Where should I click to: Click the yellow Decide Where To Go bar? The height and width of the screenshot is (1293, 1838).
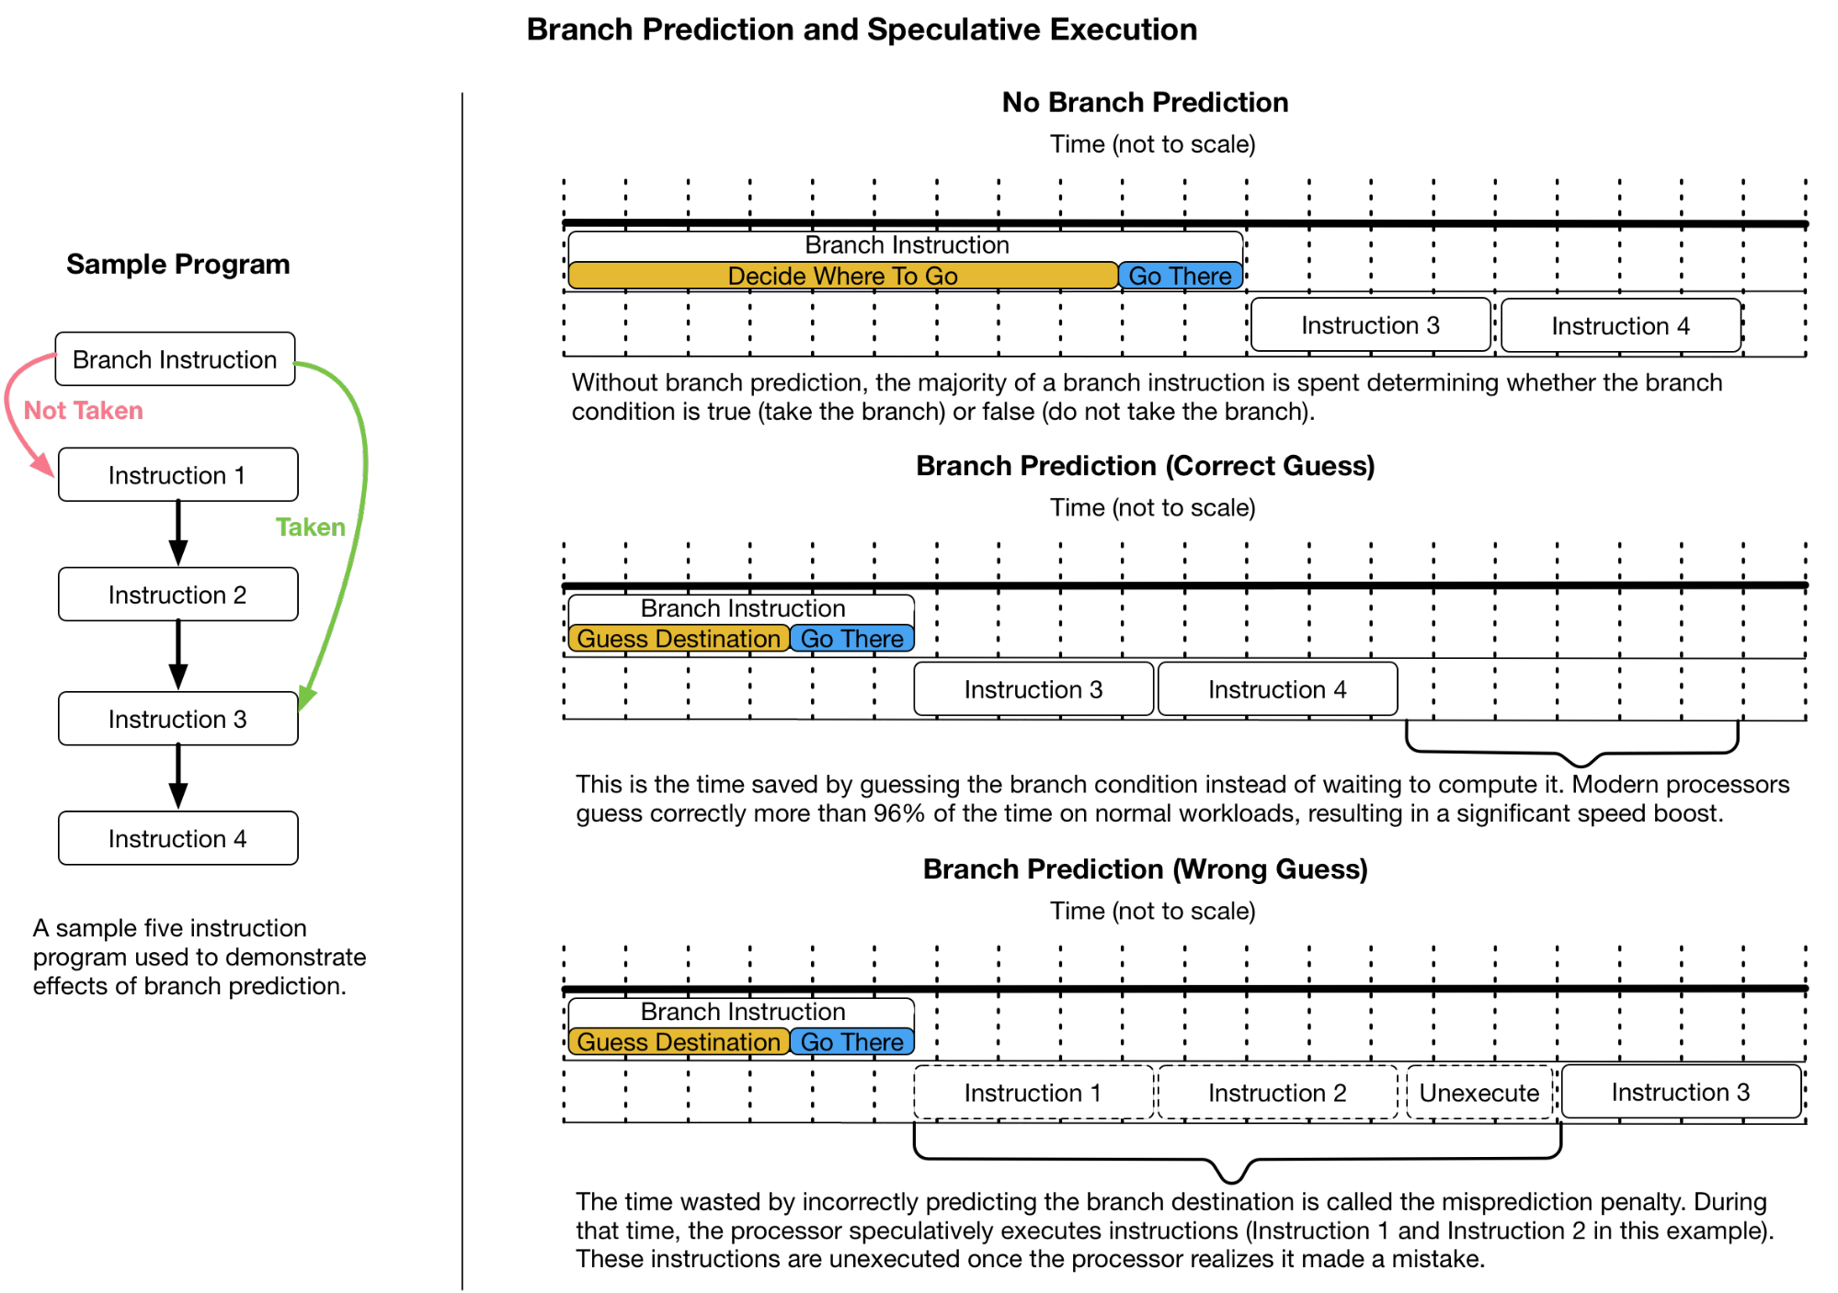pos(842,276)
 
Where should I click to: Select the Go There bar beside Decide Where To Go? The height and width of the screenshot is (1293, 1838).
pos(1180,276)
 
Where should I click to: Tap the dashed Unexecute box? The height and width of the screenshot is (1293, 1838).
pos(1478,1093)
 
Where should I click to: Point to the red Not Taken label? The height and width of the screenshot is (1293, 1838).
pos(83,411)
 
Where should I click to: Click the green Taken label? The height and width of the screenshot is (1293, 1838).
pos(310,527)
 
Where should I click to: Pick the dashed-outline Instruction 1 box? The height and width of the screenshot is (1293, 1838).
pos(1033,1093)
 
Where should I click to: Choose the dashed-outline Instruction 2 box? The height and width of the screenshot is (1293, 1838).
pos(1277,1093)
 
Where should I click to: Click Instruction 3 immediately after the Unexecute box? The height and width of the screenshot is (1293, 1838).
pos(1681,1092)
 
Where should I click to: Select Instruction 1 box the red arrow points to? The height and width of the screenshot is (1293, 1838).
pos(177,475)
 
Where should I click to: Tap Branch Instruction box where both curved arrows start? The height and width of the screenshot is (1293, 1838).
pos(175,359)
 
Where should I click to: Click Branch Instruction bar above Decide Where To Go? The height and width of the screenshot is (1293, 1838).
pos(906,245)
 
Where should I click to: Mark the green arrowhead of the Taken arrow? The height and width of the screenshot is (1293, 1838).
pos(307,698)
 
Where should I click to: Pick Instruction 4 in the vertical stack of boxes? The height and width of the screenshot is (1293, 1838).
pos(177,838)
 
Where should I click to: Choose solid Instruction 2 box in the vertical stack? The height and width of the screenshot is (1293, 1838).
pos(177,595)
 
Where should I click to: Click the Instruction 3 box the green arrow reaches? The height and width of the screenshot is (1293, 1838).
pos(177,719)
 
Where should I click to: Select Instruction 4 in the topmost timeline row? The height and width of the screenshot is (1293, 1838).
pos(1620,325)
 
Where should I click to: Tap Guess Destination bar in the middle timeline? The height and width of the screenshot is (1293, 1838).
pos(679,639)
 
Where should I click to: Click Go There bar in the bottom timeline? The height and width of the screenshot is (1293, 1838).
pos(851,1042)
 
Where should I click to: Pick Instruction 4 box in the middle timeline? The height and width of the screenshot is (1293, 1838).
pos(1277,689)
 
